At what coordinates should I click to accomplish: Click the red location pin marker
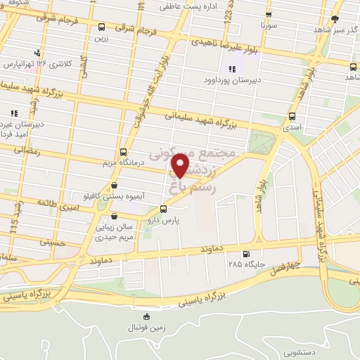(181, 166)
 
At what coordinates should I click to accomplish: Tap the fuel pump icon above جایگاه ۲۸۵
(245, 254)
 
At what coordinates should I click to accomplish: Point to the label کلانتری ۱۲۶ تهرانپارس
(36, 64)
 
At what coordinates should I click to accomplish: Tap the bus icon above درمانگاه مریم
(124, 152)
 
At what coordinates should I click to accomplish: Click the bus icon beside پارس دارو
(164, 209)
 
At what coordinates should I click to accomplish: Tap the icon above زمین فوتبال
(146, 317)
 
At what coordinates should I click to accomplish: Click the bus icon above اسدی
(292, 117)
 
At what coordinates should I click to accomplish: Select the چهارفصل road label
(304, 266)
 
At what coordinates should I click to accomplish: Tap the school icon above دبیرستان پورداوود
(232, 69)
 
